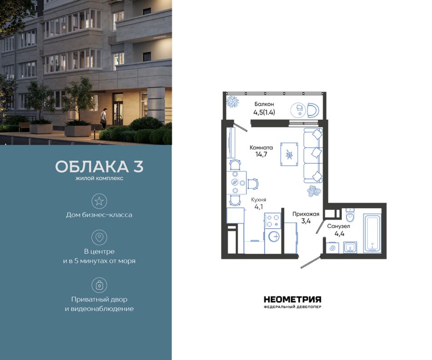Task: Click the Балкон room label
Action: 264,104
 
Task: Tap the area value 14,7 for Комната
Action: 261,154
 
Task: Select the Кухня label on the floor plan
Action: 258,200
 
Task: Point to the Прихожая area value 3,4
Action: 306,220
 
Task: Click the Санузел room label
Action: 339,226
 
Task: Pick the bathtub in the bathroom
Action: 372,233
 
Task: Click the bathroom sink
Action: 350,247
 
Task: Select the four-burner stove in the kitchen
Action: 273,220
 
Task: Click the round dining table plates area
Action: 236,182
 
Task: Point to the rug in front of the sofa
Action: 289,154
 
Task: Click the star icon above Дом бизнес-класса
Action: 99,201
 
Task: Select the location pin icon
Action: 99,237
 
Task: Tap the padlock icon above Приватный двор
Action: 99,285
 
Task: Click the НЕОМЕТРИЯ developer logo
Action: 292,302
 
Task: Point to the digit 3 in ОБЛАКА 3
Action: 138,167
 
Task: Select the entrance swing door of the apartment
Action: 311,262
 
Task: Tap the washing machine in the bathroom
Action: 332,247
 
